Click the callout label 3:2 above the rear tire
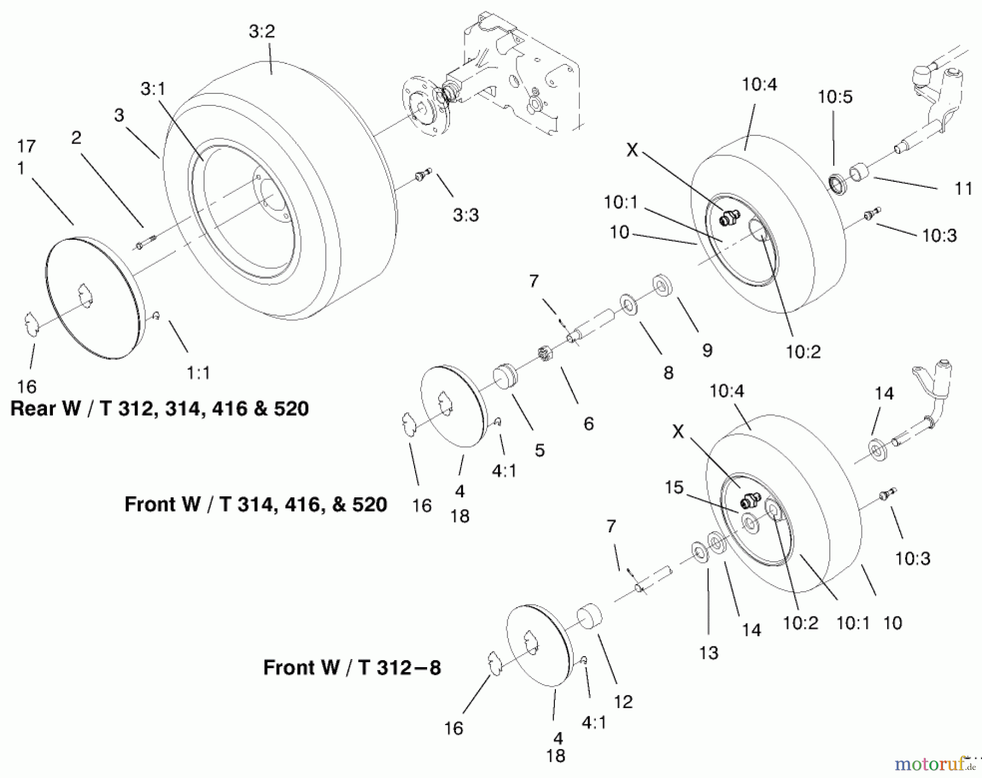tap(261, 32)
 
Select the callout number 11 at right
tap(963, 189)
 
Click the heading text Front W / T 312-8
tap(352, 667)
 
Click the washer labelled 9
tap(662, 286)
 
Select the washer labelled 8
tap(630, 305)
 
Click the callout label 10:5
tap(835, 97)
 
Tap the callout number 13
tap(709, 652)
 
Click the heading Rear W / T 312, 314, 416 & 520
tap(159, 408)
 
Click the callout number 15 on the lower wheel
tap(674, 487)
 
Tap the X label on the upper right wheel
tap(632, 150)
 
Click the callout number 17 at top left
tap(26, 146)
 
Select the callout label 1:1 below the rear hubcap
tap(198, 373)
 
